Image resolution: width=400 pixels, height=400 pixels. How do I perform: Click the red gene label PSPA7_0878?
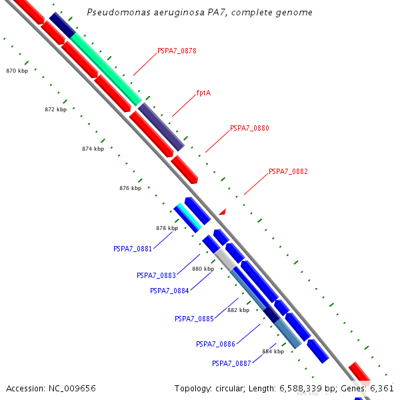(x=177, y=51)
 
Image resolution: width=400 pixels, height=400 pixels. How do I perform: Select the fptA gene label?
(x=203, y=93)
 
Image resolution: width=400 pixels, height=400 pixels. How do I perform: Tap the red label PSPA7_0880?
(x=249, y=128)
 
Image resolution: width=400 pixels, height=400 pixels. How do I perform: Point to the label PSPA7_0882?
(x=288, y=171)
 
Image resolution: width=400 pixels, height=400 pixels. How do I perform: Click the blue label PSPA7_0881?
(x=133, y=249)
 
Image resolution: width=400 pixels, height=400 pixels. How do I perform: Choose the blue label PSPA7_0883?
(x=156, y=275)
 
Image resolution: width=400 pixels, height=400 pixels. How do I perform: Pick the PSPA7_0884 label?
(x=169, y=291)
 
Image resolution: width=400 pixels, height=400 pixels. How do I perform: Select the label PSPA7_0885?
(x=194, y=319)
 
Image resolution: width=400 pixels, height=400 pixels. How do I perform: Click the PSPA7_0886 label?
(x=215, y=344)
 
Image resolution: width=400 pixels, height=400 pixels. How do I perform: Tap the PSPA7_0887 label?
(x=231, y=363)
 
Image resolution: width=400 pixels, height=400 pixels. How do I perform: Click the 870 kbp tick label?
(x=17, y=71)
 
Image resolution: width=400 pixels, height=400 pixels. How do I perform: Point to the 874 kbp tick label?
(x=93, y=149)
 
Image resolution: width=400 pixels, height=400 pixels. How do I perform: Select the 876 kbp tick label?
(x=130, y=188)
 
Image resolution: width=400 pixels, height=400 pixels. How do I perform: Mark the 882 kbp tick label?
(x=238, y=310)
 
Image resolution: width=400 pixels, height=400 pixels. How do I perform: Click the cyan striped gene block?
(x=189, y=218)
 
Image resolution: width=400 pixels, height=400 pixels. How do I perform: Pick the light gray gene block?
(x=225, y=259)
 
